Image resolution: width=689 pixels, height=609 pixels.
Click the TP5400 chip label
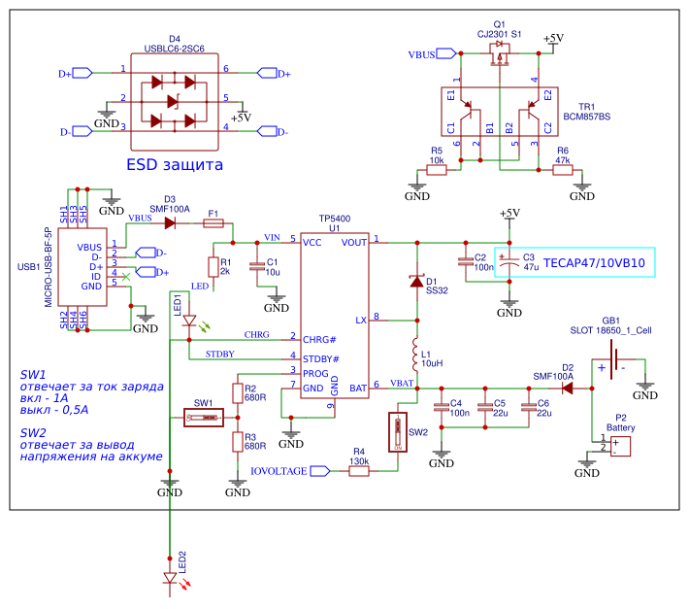tap(334, 220)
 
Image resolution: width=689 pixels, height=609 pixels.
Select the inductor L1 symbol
tap(415, 355)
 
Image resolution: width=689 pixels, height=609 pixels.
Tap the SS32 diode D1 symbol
tap(416, 282)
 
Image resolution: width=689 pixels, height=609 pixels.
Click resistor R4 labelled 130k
tap(359, 471)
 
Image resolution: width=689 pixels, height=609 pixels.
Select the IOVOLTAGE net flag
tap(291, 471)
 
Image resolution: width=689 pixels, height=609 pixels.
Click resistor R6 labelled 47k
tap(563, 170)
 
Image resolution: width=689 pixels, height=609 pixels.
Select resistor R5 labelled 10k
tap(437, 170)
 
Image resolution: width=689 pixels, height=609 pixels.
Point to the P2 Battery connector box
tap(616, 446)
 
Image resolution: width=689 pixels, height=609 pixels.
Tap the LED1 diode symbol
tap(189, 321)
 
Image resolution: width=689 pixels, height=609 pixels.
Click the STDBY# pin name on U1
tap(320, 358)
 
